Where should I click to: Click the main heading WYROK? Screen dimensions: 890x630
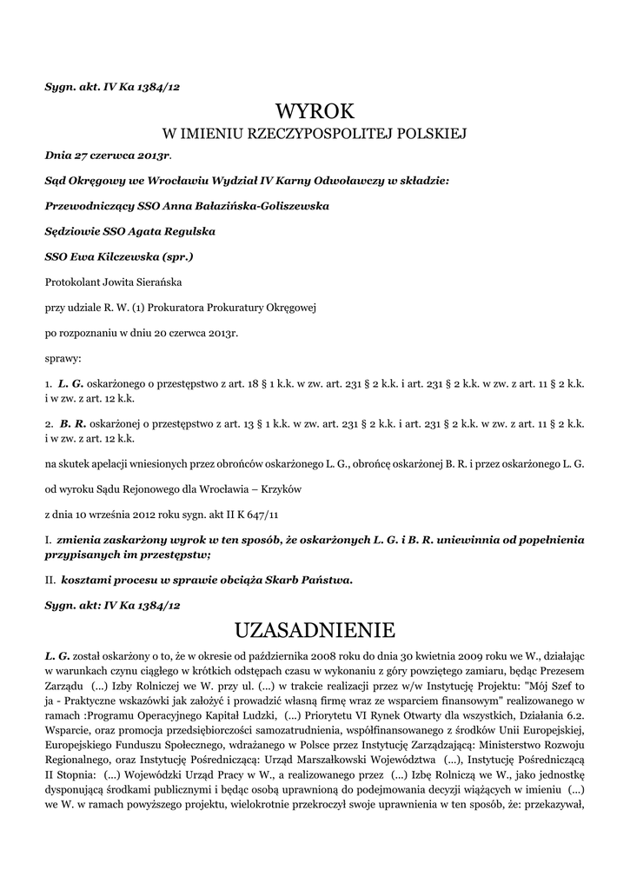(x=315, y=111)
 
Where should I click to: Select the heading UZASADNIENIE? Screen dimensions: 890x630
(x=315, y=628)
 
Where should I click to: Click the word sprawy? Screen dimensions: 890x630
(x=63, y=357)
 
